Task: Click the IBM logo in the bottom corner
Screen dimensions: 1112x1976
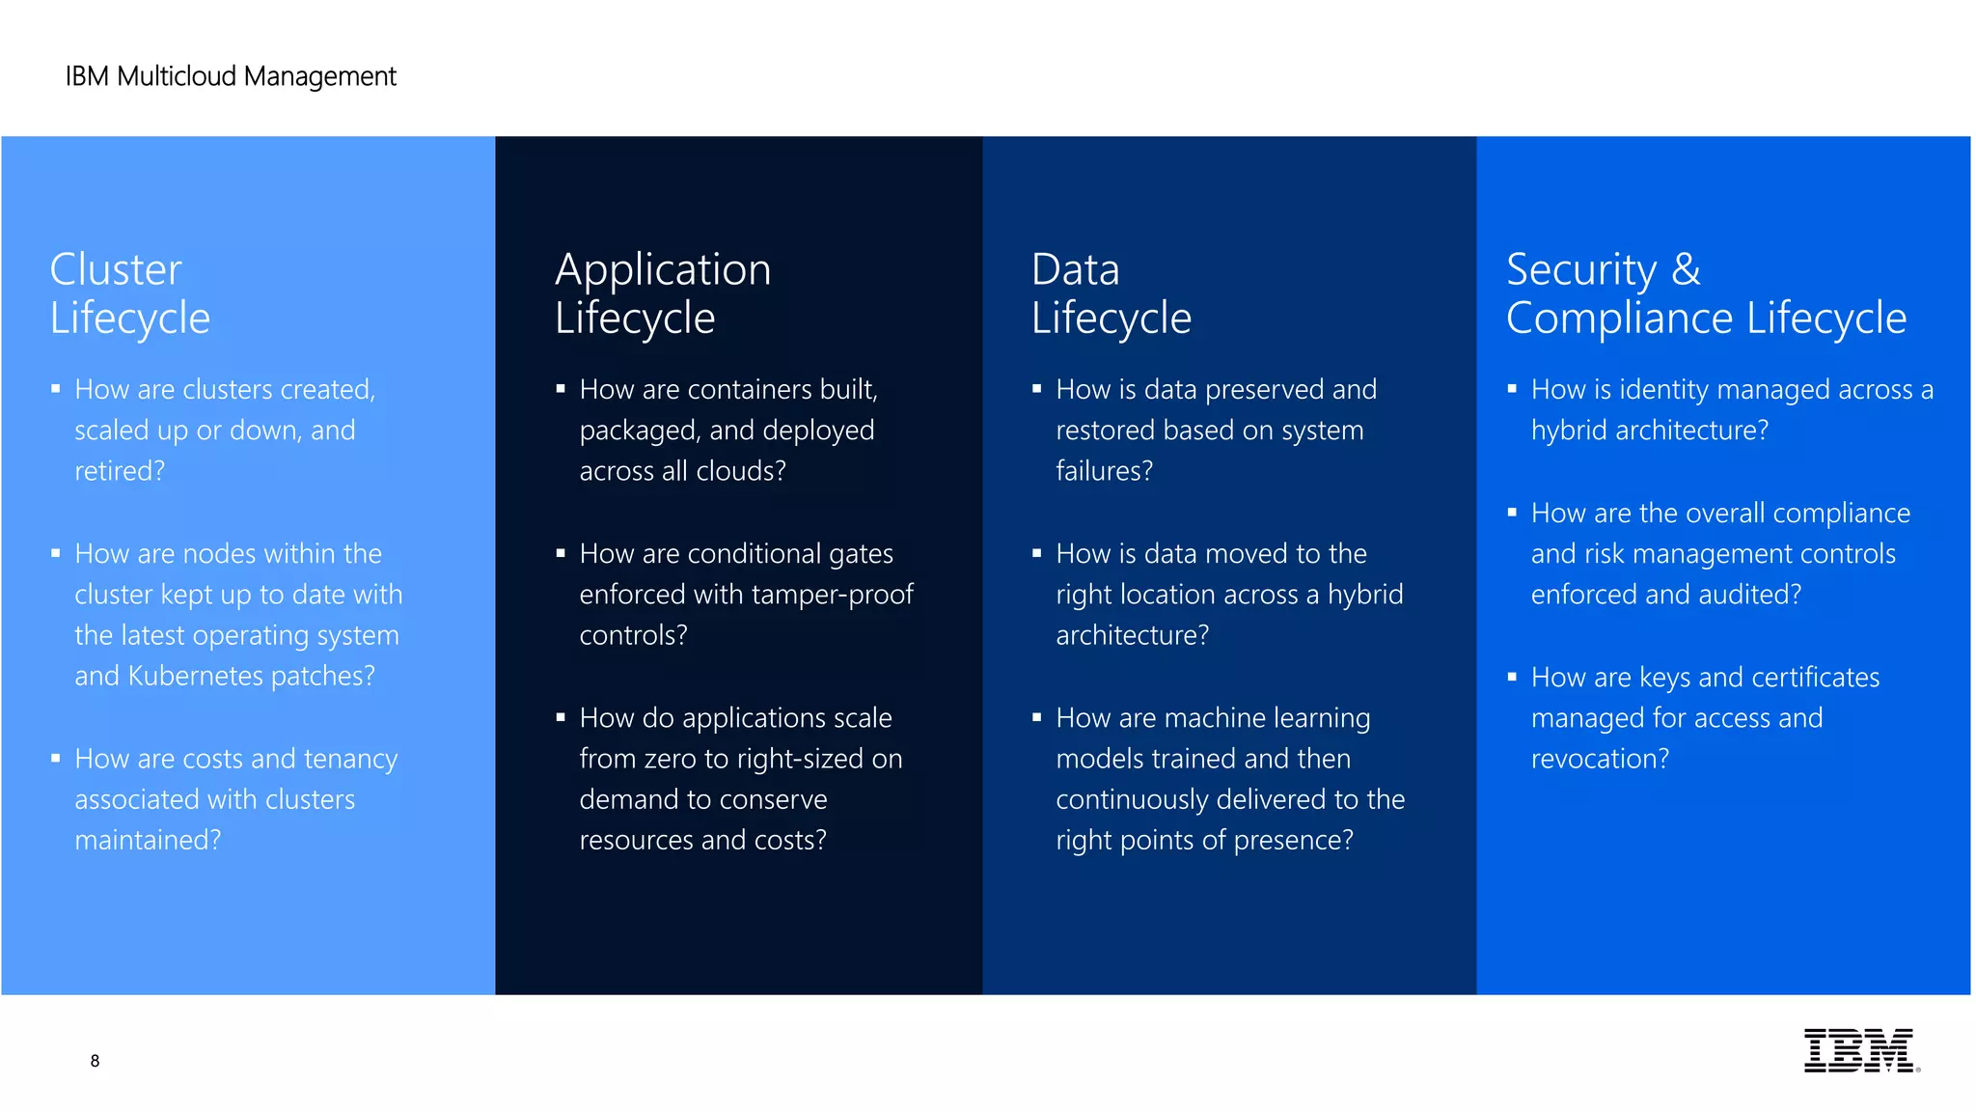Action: [1860, 1050]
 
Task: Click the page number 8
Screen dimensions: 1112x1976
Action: [95, 1061]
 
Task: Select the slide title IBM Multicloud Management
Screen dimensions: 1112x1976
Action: [231, 76]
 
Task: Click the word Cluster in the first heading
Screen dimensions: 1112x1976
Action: [116, 269]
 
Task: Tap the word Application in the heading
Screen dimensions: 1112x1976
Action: [663, 269]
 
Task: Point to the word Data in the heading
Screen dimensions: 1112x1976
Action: [1075, 269]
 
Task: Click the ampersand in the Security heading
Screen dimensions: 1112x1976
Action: [1686, 269]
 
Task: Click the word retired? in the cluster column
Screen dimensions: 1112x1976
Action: [120, 471]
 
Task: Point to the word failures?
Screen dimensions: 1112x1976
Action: [1104, 471]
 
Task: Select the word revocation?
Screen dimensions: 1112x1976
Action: [1600, 759]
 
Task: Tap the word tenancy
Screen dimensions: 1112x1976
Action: [350, 760]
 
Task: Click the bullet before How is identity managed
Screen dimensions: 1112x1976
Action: [1512, 389]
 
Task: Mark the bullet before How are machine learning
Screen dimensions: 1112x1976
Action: [1036, 717]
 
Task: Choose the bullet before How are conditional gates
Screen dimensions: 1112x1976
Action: [561, 553]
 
